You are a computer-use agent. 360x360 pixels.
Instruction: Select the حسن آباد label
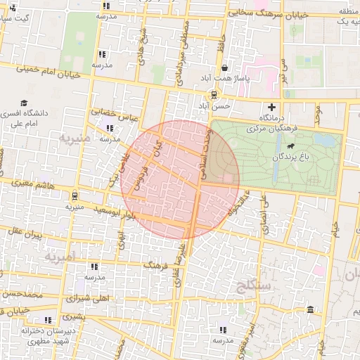[213, 105]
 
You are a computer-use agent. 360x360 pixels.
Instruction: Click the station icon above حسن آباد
[213, 95]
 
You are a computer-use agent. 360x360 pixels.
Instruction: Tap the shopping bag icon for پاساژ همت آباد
[224, 67]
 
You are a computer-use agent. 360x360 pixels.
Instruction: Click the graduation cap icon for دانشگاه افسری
[25, 103]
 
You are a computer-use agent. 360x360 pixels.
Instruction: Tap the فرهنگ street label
[155, 265]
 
